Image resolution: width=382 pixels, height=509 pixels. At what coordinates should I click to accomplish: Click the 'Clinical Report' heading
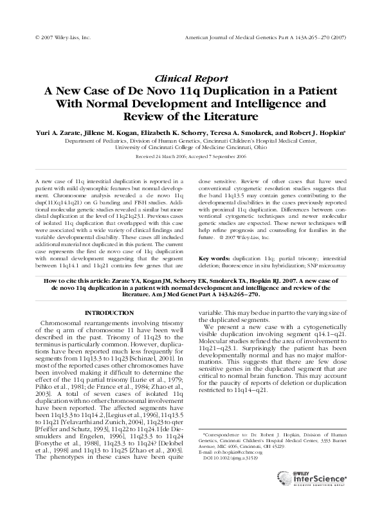click(190, 76)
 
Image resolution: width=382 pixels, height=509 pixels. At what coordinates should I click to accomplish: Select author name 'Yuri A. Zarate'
click(56, 131)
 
